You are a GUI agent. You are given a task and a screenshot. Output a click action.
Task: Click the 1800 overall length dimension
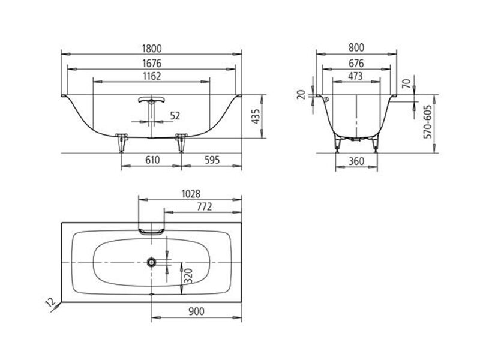coord(152,49)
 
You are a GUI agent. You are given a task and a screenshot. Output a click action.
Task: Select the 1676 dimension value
coord(152,64)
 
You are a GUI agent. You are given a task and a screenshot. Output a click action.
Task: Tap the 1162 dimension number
coord(152,76)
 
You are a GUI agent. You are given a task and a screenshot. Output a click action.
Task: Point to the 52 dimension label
coord(175,116)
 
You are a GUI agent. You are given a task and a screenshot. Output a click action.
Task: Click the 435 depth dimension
coord(256,116)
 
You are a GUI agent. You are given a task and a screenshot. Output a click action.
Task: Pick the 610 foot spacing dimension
coord(152,160)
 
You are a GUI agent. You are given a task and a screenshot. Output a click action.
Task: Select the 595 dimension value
coord(212,160)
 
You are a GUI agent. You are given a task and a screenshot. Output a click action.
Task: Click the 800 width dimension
coord(356,47)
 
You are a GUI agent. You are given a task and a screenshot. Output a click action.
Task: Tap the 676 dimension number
coord(356,64)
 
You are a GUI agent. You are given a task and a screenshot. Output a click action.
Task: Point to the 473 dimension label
coord(355,76)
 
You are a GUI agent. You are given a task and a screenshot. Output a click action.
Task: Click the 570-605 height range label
coord(428,122)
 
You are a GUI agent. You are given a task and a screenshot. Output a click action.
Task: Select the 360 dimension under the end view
coord(356,161)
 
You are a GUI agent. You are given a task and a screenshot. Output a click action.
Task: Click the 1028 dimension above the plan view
coord(191,194)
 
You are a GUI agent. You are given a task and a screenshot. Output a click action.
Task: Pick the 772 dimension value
coord(204,207)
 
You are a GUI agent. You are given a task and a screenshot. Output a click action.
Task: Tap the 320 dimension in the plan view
coord(189,276)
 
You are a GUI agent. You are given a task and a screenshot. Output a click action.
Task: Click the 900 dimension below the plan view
coord(196,311)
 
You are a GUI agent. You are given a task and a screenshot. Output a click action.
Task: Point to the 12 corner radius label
coord(50,302)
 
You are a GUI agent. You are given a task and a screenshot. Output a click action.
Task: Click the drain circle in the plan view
coord(151,262)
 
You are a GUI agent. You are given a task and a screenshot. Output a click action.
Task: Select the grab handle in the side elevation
coord(151,100)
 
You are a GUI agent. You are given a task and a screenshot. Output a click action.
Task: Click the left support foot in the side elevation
coord(122,143)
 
